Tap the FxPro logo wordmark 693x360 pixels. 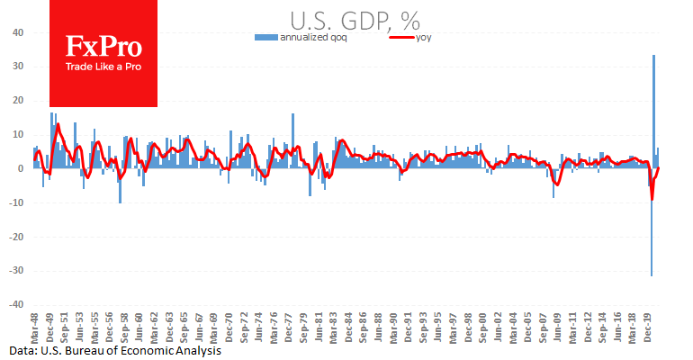[103, 49]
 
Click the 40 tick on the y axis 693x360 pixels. [19, 32]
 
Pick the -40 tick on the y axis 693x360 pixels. [17, 305]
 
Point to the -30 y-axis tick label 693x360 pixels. [17, 271]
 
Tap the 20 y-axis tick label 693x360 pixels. [19, 101]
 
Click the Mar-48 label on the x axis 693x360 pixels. [35, 326]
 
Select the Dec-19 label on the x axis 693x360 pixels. [650, 326]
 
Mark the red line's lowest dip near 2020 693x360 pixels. [652, 200]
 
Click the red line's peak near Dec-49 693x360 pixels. [58, 124]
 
